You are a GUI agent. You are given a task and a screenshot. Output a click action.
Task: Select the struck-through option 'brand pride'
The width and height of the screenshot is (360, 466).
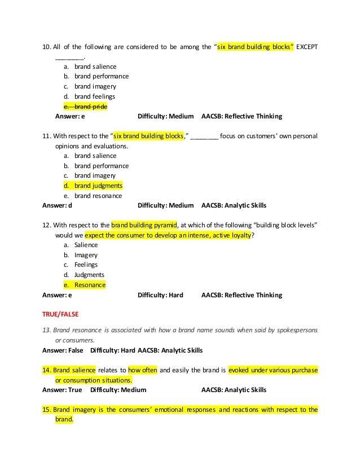90,107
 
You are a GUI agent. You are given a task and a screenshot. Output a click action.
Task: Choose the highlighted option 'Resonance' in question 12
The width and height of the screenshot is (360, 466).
90,285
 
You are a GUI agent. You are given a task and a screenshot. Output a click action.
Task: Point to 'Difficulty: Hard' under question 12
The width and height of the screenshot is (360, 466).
160,295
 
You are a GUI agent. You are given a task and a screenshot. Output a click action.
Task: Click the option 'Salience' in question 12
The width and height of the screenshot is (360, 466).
86,245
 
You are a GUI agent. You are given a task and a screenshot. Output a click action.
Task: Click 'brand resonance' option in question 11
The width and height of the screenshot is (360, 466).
98,196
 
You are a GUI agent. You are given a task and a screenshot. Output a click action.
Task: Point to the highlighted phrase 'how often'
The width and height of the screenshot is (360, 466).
142,370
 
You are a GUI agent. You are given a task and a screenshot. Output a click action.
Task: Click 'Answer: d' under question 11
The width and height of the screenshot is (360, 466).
58,205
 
